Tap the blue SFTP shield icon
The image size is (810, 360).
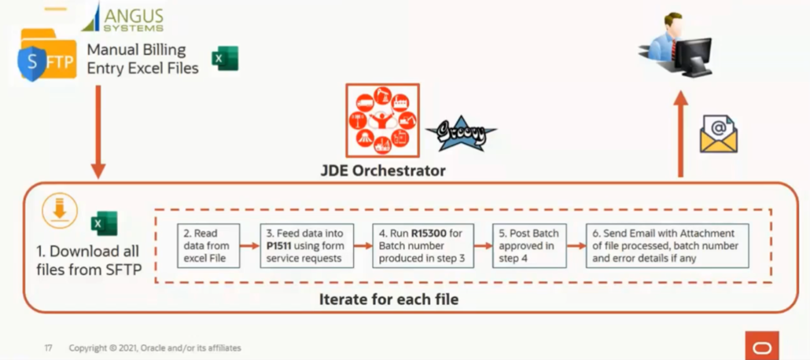(32, 64)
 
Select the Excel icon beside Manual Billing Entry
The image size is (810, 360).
(224, 59)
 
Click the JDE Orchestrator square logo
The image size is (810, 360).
(382, 121)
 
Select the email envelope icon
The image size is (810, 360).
(718, 134)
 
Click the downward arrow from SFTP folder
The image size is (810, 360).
(98, 130)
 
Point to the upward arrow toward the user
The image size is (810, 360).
(681, 134)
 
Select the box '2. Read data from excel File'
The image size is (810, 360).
(208, 245)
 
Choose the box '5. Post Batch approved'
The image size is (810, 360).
(530, 245)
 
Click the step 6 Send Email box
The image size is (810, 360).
(666, 245)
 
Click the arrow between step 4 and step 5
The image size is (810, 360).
(484, 245)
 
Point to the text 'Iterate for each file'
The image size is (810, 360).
(388, 299)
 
